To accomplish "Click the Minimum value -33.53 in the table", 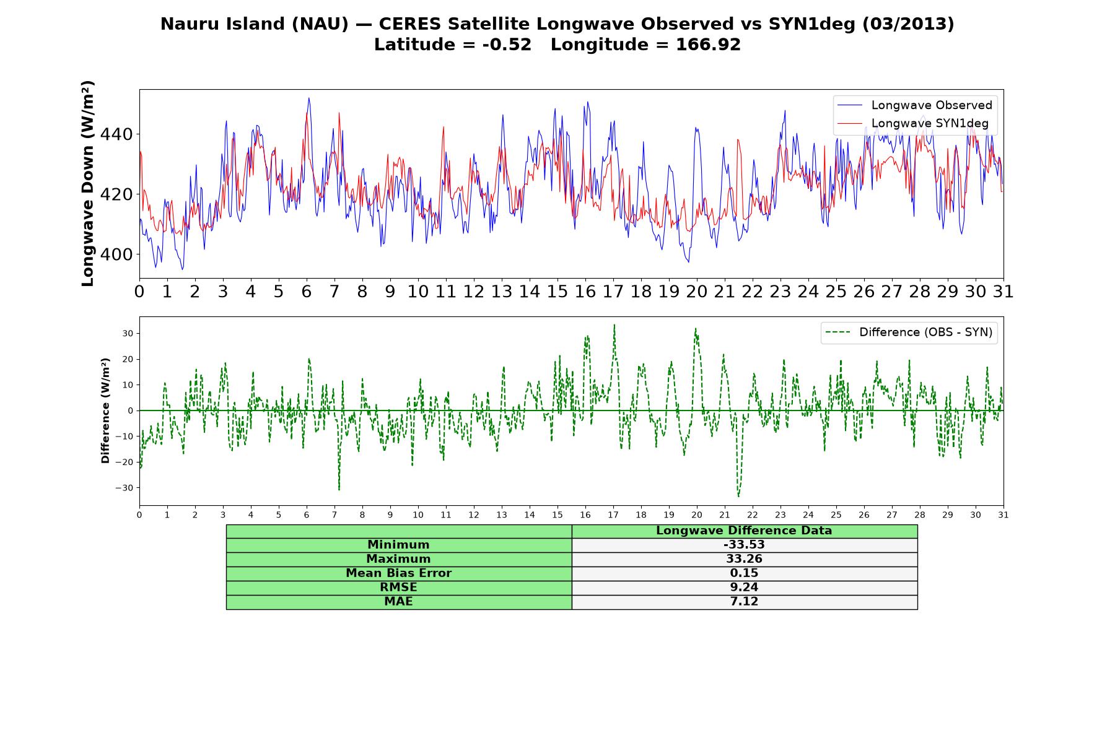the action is coord(744,545).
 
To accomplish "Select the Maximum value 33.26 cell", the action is coord(744,559).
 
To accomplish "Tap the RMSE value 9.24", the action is coord(744,588).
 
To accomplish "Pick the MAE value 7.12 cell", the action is coord(744,602).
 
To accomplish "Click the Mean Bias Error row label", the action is coord(398,573).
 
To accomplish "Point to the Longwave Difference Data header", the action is coord(744,531).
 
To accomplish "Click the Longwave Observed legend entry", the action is coord(915,105).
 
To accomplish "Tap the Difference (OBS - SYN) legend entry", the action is coord(909,332).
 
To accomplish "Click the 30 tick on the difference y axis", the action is coord(128,334).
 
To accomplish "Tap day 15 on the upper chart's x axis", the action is coord(557,292).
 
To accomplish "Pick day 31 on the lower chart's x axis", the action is coord(1003,515).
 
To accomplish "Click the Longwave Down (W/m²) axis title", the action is coord(88,183).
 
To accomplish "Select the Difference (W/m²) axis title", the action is coord(106,411).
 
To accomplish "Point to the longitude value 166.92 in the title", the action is coord(708,45).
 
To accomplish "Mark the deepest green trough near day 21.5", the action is coord(738,497).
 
